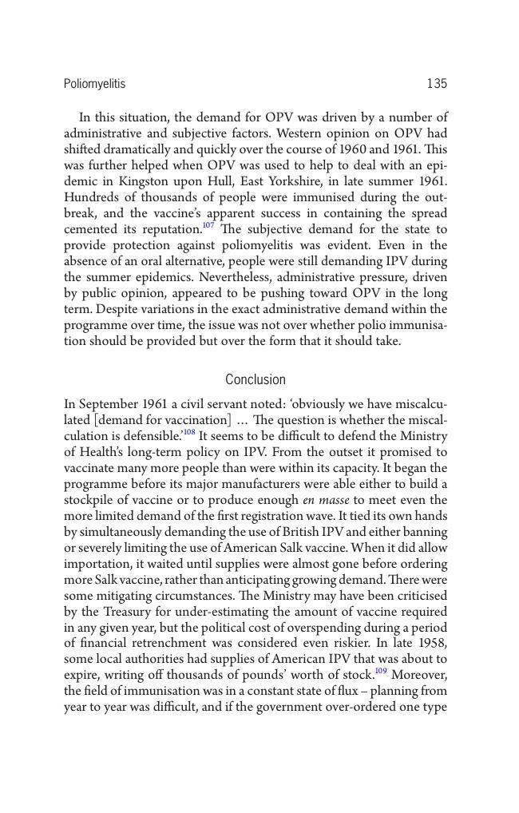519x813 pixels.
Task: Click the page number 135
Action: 437,84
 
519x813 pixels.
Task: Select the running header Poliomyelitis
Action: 94,84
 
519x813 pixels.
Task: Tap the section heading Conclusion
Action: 256,379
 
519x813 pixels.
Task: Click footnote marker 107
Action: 208,226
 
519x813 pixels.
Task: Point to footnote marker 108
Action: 189,433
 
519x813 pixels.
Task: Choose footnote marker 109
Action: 381,672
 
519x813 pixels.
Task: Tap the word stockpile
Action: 90,500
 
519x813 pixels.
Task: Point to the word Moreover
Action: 419,676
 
